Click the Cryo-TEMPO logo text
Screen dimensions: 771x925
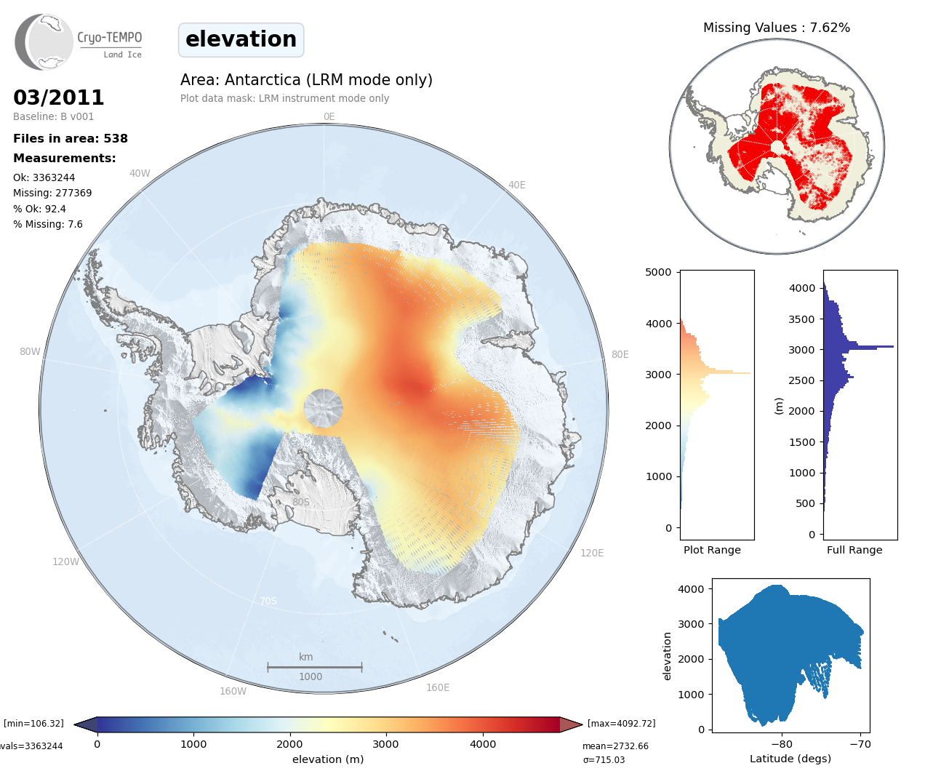point(110,38)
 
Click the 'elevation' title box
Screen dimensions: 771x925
point(241,39)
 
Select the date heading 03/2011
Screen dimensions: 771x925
point(59,97)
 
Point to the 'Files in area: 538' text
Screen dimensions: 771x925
point(71,138)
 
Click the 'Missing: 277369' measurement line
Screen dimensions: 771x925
point(52,193)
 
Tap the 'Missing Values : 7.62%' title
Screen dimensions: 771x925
point(776,28)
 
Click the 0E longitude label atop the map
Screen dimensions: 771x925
point(329,116)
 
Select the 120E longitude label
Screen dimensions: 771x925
point(592,553)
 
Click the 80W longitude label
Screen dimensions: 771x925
point(30,351)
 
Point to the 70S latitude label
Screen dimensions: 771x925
point(268,601)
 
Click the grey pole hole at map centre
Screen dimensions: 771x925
point(324,408)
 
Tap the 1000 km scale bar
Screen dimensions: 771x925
point(314,666)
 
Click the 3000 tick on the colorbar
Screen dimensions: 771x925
point(385,743)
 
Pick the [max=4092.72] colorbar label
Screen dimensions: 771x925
point(621,723)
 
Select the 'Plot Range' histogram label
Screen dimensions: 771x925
point(712,550)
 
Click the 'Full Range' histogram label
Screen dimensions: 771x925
point(854,550)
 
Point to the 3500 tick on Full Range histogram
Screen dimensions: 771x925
point(802,319)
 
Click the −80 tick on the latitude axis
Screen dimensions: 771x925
point(782,743)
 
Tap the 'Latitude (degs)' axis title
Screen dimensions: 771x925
point(790,759)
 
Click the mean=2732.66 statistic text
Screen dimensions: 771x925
point(615,746)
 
